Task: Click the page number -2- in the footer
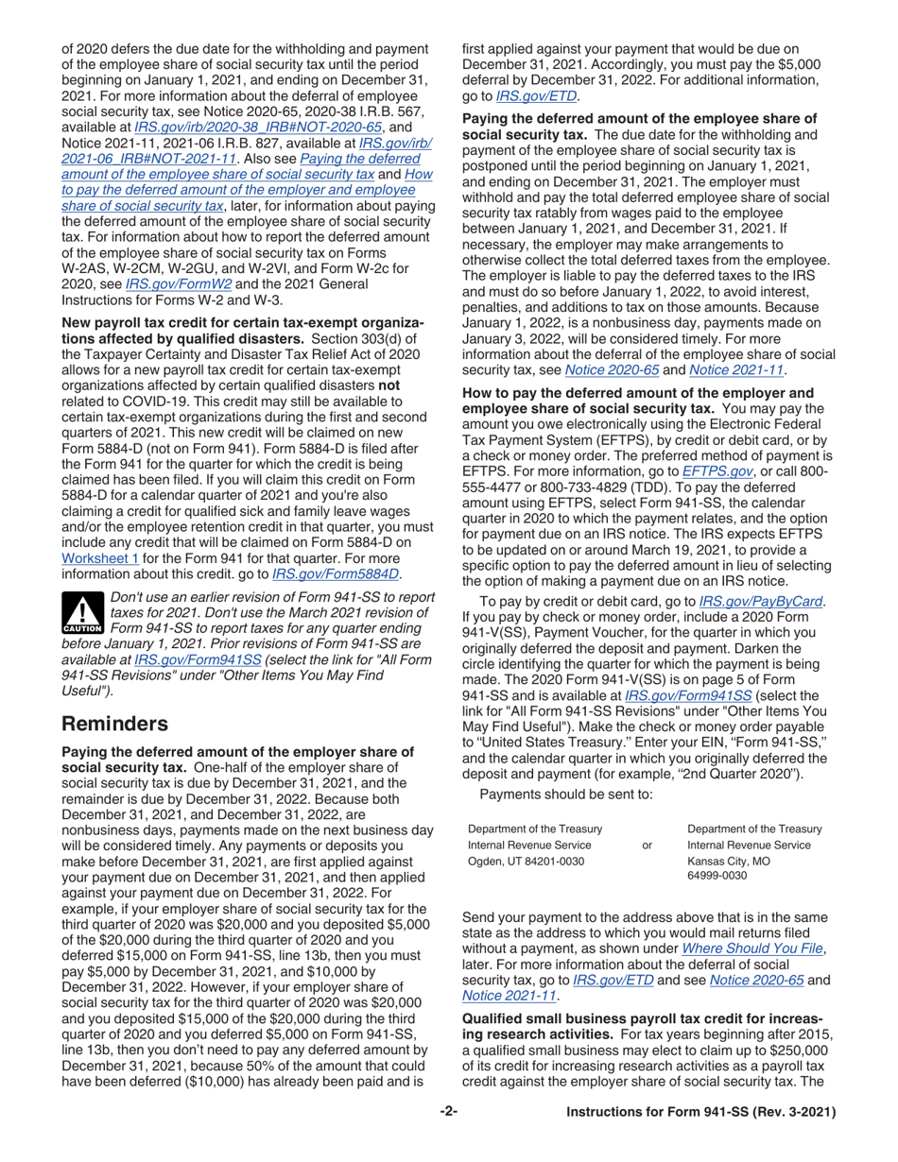click(448, 1112)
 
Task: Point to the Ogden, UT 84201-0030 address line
click(526, 861)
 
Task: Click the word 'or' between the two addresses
click(647, 845)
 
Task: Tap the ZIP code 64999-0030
click(717, 876)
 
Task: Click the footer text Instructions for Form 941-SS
click(700, 1112)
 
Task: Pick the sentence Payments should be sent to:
click(565, 794)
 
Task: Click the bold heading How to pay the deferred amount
click(637, 393)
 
